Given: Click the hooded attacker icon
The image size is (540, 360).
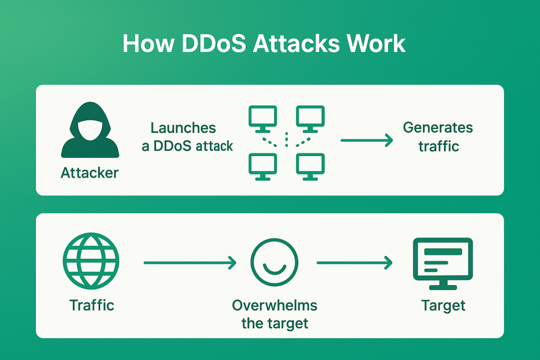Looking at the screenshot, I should coord(89,131).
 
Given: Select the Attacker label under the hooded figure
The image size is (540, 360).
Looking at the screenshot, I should coord(90,172).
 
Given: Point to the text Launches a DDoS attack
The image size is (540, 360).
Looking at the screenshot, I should coord(187,137).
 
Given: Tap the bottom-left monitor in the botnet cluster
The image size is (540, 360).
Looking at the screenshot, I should coord(263,166).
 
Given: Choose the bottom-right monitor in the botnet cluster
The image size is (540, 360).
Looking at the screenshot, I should coord(310,166).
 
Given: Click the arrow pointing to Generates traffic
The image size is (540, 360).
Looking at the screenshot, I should coord(367,141).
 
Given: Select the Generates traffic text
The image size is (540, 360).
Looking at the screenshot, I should coord(438,136).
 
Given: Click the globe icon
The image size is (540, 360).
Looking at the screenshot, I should coord(91,260).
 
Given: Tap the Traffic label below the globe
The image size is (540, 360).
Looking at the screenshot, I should coord(91,305).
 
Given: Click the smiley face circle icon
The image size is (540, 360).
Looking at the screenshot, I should coord(274,262).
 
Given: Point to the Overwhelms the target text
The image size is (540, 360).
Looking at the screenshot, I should coord(275,314).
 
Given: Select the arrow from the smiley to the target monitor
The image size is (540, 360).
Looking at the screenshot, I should coord(354,262).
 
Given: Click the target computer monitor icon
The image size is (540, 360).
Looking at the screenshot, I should coord(442,262).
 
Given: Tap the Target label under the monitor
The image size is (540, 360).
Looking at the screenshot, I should coord(443,305).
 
